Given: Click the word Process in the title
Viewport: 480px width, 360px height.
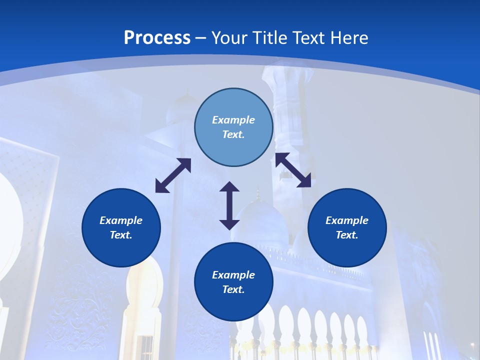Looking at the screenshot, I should [157, 38].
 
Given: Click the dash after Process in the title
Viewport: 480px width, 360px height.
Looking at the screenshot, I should [200, 38].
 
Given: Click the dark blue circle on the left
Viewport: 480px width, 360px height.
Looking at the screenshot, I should [121, 227].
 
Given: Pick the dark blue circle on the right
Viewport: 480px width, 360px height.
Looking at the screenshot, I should [347, 227].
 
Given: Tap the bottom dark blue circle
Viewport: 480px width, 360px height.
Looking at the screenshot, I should [233, 282].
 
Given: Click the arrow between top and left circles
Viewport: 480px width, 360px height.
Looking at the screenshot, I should [173, 175].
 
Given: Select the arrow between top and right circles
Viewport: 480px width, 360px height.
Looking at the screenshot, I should [293, 170].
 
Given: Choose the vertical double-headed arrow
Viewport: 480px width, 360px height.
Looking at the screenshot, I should [229, 205].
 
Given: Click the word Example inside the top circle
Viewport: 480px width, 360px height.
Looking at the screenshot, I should [233, 120].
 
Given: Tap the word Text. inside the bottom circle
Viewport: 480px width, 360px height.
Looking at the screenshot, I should [233, 289].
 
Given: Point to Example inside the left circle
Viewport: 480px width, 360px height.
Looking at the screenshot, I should [121, 220].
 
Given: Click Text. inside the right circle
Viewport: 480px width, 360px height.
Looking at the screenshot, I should [347, 235].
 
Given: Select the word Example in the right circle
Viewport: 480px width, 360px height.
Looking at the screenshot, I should [347, 220].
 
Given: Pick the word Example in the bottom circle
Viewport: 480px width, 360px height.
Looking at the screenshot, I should [233, 275].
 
